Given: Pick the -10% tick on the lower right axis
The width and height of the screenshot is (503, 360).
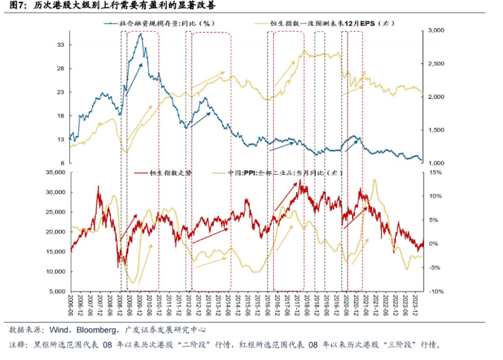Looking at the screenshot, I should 435,292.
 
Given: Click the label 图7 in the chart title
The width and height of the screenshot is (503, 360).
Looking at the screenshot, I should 17,6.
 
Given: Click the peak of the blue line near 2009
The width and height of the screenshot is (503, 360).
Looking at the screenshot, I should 140,33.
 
